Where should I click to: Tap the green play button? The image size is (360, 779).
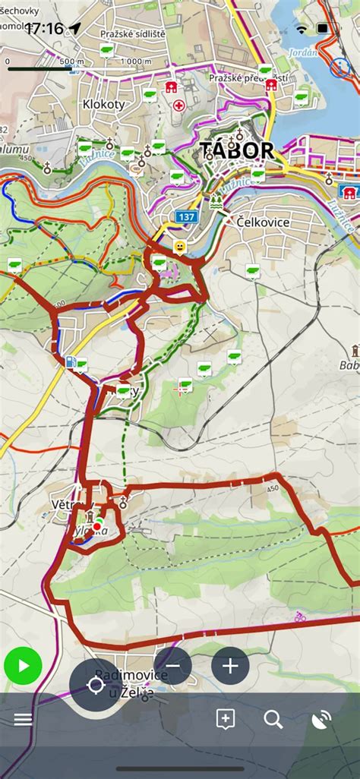tap(23, 667)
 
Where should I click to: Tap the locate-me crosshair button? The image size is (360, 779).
tap(96, 686)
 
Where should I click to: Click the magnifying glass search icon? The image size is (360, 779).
tap(273, 719)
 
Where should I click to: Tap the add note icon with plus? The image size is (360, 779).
tap(225, 719)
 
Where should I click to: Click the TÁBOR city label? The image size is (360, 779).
tap(236, 150)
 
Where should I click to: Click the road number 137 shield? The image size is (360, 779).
tap(185, 217)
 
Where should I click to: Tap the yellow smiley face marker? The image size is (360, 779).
tap(179, 247)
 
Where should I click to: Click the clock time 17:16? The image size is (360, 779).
tap(44, 29)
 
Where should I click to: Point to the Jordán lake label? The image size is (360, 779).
tap(302, 53)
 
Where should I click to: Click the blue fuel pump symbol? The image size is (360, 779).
tap(71, 362)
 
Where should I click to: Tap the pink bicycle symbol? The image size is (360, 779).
tap(300, 617)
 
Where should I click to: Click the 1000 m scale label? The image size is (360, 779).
tap(136, 61)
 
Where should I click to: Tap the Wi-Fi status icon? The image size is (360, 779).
tap(302, 29)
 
